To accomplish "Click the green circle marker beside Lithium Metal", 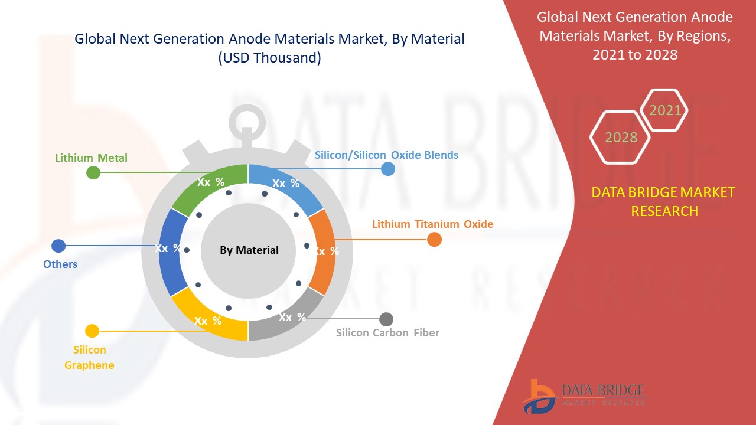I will point(93,172).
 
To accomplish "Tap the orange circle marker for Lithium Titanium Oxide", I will point(434,239).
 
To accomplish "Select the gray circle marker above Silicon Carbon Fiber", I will point(386,319).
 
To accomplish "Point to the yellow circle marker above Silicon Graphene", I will point(92,331).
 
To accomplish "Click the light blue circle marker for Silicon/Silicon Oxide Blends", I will point(388,169).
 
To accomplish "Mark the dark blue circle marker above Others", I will point(58,246).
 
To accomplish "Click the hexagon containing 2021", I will point(664,110).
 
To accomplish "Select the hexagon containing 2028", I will point(620,138).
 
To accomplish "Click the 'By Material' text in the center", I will point(249,250).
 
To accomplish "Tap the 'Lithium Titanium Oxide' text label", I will point(432,224).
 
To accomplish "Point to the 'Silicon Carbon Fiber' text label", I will point(387,333).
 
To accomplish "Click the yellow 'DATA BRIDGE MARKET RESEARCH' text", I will point(664,201).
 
